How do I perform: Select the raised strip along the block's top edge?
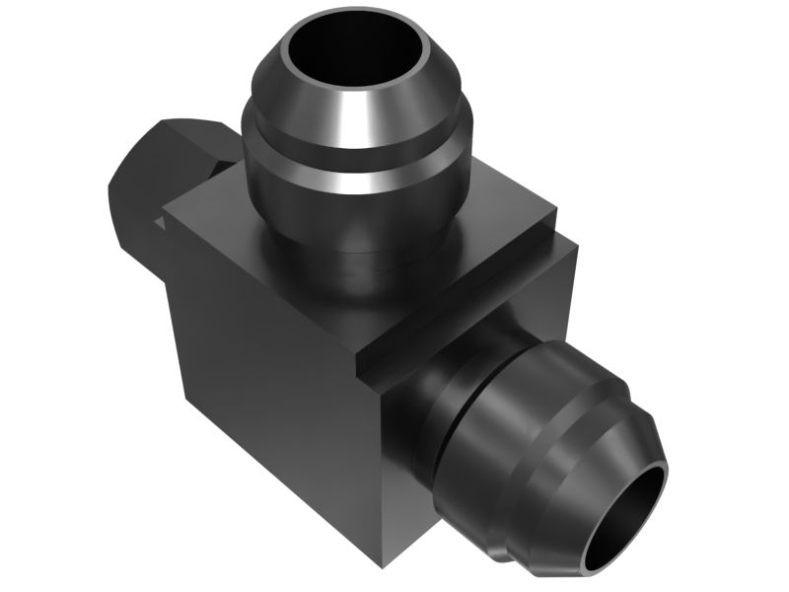(464, 296)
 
